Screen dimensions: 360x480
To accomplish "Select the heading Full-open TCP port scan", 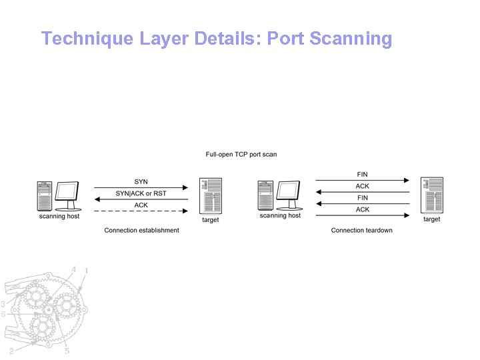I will point(241,155).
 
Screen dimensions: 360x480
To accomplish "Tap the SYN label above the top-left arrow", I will point(141,181).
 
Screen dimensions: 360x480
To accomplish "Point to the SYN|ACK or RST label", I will point(141,193).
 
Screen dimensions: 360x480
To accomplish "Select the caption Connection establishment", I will point(141,231).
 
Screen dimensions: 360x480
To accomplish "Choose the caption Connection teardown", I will point(362,231).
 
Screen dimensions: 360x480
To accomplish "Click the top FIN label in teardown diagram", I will point(362,175).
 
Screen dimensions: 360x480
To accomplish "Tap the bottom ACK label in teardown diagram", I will point(362,209).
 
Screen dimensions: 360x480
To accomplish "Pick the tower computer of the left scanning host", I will point(45,197).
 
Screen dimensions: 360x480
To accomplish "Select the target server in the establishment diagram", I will point(211,195).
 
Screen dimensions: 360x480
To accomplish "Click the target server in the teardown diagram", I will point(432,195).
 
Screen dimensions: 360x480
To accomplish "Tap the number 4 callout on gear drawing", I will point(73,269).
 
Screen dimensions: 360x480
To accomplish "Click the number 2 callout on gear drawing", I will point(11,351).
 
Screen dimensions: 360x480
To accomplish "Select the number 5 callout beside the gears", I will point(67,351).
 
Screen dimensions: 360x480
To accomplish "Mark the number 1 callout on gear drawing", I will point(86,271).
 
